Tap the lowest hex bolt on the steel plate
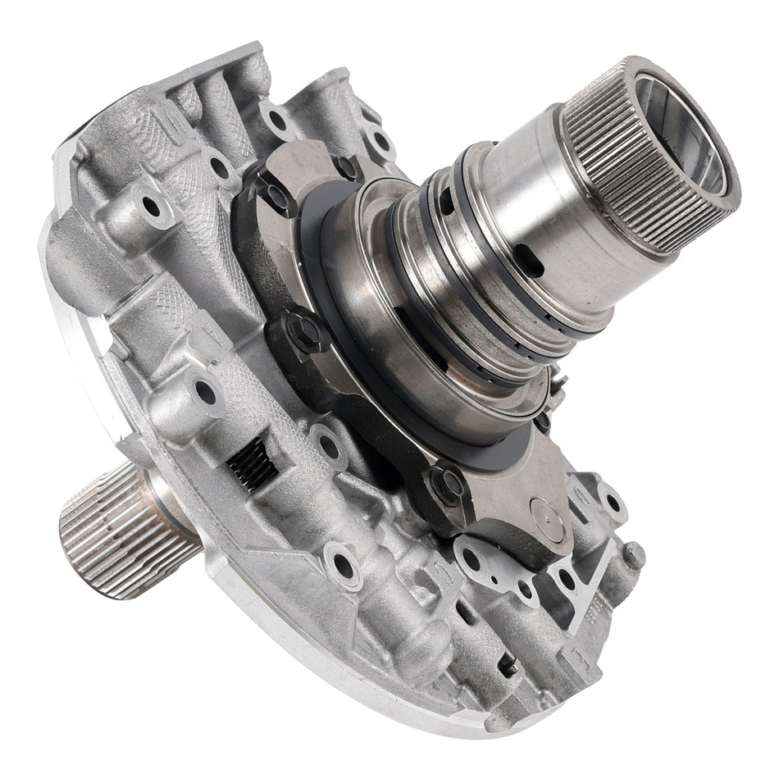pos(447,485)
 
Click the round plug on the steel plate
pos(547,515)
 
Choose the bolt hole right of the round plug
pos(611,500)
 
